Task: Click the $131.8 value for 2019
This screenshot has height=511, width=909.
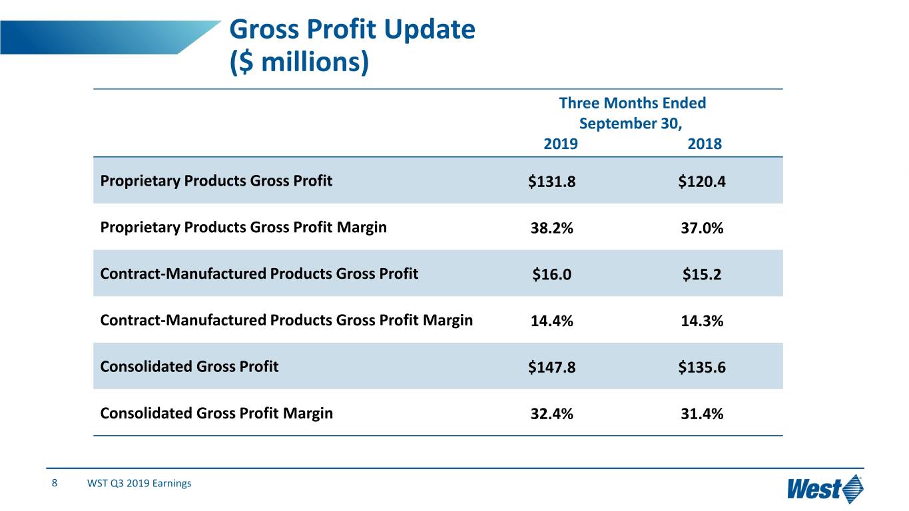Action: (x=551, y=182)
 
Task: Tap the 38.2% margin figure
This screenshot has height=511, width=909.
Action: (x=551, y=228)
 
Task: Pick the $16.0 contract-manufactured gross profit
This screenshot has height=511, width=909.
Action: (x=551, y=275)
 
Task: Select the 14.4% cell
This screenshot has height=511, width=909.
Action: (x=551, y=321)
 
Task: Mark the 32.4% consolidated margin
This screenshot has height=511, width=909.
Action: (x=551, y=415)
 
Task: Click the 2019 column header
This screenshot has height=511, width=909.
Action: (x=561, y=144)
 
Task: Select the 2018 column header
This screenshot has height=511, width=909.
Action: (x=704, y=144)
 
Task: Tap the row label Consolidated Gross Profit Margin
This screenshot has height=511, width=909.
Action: (x=216, y=413)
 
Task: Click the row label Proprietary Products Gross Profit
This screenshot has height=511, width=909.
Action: (x=216, y=180)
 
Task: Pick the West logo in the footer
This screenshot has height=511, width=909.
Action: (x=825, y=490)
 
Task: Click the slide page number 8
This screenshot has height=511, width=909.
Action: (x=55, y=483)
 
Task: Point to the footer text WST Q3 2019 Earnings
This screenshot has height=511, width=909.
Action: (x=139, y=484)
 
